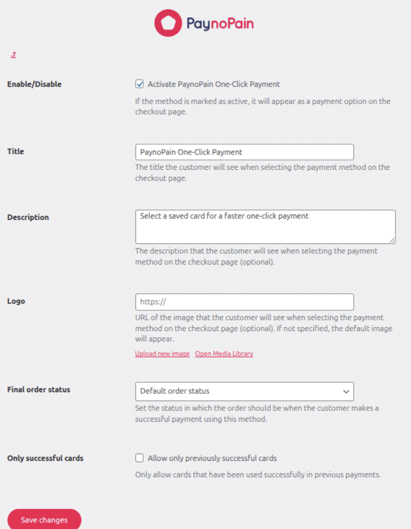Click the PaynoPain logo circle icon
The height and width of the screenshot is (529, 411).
point(168,23)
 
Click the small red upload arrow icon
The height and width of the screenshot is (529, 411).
point(13,55)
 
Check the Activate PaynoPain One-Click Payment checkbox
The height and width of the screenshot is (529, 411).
point(140,84)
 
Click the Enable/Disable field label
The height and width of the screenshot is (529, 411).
point(35,84)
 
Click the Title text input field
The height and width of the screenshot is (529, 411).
point(244,152)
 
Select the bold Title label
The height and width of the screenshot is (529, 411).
point(16,151)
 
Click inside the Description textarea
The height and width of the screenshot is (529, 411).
point(265,227)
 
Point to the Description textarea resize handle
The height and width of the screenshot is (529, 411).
point(392,240)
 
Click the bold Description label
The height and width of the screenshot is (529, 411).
point(28,217)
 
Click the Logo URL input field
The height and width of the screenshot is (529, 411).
point(244,302)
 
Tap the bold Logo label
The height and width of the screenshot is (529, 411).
point(16,301)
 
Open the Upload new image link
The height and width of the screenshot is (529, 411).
point(162,354)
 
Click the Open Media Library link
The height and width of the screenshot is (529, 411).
point(224,354)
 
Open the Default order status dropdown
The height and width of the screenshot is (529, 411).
point(244,391)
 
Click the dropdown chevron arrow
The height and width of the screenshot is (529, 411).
point(346,392)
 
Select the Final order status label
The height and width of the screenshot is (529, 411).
point(39,390)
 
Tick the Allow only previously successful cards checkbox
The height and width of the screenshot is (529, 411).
point(140,458)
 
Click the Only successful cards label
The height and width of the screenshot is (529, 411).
point(45,458)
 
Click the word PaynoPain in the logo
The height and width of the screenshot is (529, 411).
point(220,23)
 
